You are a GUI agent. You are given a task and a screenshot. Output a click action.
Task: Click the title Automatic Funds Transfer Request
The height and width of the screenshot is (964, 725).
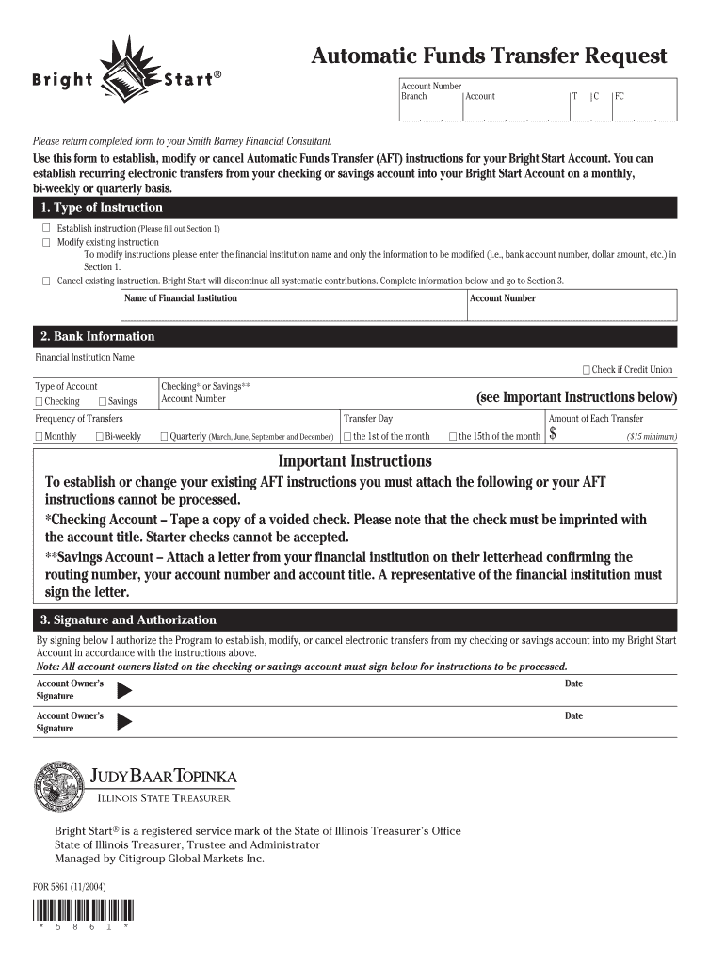tap(489, 56)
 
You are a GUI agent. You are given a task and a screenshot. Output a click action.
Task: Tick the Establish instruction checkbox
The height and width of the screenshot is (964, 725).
tap(44, 229)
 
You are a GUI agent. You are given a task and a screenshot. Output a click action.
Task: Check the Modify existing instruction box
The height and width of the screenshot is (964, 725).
tap(44, 242)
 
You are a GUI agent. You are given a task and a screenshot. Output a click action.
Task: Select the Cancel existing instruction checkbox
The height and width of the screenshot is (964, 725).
tap(44, 281)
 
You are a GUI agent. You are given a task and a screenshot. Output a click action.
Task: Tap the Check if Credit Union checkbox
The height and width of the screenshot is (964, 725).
tap(587, 370)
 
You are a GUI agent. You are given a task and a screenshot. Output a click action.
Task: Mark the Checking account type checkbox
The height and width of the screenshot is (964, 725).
tap(39, 402)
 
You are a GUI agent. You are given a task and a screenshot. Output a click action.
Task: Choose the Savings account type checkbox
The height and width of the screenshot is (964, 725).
tap(102, 402)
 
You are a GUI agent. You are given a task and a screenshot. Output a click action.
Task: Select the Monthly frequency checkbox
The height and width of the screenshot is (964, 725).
tap(39, 436)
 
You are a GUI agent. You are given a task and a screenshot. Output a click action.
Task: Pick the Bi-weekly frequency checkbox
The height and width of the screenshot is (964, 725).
tap(99, 436)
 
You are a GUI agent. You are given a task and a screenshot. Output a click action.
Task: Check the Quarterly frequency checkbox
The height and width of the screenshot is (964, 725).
tap(164, 436)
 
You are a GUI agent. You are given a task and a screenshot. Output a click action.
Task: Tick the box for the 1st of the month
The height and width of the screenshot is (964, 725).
tap(347, 436)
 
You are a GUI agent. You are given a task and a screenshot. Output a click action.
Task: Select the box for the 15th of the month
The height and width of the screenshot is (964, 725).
tap(453, 436)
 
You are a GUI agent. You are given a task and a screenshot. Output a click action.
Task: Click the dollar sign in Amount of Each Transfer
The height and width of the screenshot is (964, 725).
tap(554, 434)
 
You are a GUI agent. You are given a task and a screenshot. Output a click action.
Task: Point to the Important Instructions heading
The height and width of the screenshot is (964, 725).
tap(355, 461)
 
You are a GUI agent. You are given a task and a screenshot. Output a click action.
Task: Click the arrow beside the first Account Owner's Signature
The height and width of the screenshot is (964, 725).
tap(123, 690)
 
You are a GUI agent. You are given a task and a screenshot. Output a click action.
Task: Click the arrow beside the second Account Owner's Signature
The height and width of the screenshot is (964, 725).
tap(123, 722)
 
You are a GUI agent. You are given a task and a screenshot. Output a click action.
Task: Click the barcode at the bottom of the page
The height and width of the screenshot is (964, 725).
tap(83, 911)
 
